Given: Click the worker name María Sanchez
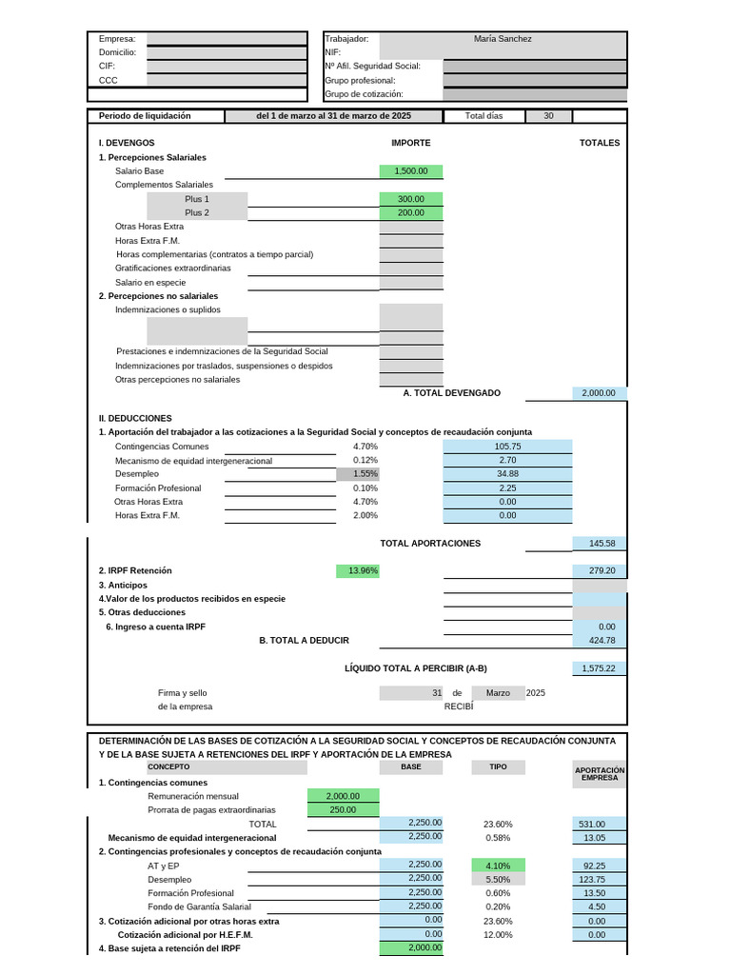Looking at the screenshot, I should [503, 39].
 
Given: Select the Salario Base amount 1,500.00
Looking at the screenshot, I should [411, 171].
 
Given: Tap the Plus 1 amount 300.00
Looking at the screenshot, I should [411, 199].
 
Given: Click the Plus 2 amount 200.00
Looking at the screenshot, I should [411, 213].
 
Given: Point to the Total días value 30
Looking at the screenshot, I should [548, 116].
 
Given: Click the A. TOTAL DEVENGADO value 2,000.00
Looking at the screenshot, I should [600, 393].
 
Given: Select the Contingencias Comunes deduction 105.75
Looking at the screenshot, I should [507, 447].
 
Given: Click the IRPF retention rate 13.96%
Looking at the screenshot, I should [364, 571].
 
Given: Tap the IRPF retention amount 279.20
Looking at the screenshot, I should [600, 571].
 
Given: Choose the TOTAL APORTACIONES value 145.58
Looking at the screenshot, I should [600, 544].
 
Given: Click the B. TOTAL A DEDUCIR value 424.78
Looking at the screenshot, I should [600, 641].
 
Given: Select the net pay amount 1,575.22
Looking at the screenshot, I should [600, 669].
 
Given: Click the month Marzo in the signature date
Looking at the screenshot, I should [498, 693].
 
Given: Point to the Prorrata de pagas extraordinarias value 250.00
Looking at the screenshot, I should [344, 810].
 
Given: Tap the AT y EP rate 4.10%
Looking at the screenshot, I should [498, 866].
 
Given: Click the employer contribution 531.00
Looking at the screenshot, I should [600, 825].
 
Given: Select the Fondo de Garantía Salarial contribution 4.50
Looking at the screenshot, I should [600, 907].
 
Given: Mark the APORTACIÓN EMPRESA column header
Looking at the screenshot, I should [600, 773].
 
